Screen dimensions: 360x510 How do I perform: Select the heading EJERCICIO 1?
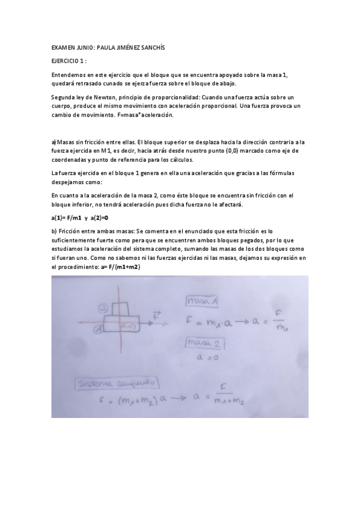click(x=69, y=61)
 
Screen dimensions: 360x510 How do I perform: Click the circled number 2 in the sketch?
click(x=103, y=308)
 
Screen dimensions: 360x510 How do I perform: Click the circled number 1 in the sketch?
click(x=97, y=329)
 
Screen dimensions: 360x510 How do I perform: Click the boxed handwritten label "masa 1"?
click(x=203, y=300)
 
